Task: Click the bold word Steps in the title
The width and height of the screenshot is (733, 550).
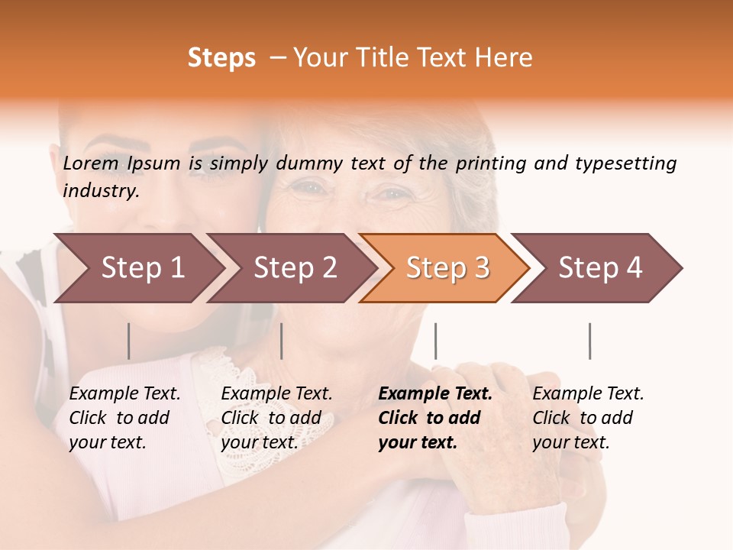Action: click(221, 58)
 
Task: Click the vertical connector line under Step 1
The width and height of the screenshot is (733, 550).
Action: click(129, 341)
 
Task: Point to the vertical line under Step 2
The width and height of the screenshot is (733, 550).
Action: click(282, 341)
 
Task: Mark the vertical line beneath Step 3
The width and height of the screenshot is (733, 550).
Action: click(435, 341)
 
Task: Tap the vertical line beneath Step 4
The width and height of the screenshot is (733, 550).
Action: click(589, 341)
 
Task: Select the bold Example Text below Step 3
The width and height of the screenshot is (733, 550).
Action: click(435, 418)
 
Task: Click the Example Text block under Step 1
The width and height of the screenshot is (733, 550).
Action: click(124, 418)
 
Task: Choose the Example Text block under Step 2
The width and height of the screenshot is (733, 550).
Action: click(276, 418)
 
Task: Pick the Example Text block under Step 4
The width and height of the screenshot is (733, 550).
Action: click(588, 418)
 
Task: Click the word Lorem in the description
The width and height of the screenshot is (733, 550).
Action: click(91, 163)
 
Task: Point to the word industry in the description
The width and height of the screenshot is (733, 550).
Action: click(101, 191)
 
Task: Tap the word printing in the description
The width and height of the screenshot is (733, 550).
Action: click(487, 163)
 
